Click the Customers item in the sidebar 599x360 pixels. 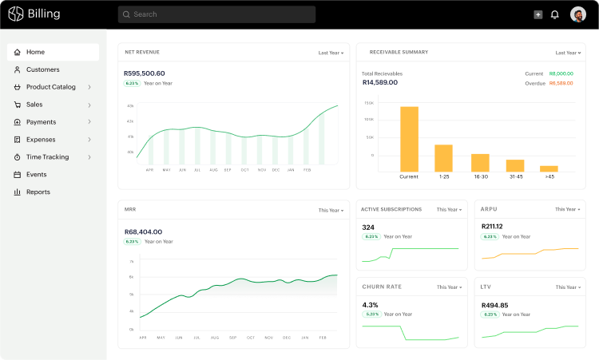click(42, 69)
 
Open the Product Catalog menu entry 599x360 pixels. click(51, 87)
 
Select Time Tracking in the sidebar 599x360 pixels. click(47, 157)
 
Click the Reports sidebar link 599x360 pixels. click(38, 192)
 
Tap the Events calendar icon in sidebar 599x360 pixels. click(18, 175)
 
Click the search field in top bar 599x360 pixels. click(216, 14)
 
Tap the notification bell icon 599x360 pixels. click(555, 14)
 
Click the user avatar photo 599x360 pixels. click(578, 14)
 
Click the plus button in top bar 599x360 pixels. click(538, 14)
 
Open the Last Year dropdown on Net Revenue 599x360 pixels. click(331, 53)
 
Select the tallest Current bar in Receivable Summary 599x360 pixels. click(409, 138)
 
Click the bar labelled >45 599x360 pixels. click(549, 168)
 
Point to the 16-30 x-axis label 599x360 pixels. click(480, 177)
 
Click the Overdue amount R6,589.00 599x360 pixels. click(561, 83)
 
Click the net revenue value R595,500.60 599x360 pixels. click(145, 73)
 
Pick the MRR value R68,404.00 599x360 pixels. click(143, 231)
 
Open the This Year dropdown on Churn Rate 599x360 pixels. click(449, 287)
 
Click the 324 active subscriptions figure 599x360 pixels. click(368, 227)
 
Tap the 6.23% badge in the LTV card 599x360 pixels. click(490, 315)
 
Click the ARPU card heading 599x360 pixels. click(489, 209)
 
